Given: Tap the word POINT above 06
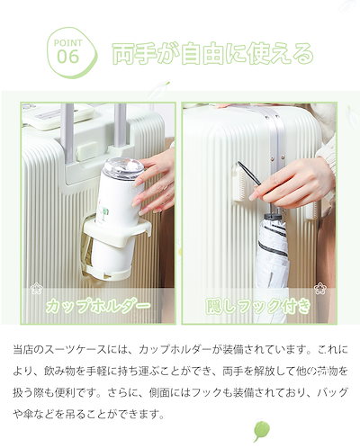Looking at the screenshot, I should tap(68, 40).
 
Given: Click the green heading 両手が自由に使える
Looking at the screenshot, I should tap(212, 52).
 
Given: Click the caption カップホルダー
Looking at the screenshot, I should tap(98, 306).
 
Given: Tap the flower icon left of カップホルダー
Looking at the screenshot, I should tap(36, 289).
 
